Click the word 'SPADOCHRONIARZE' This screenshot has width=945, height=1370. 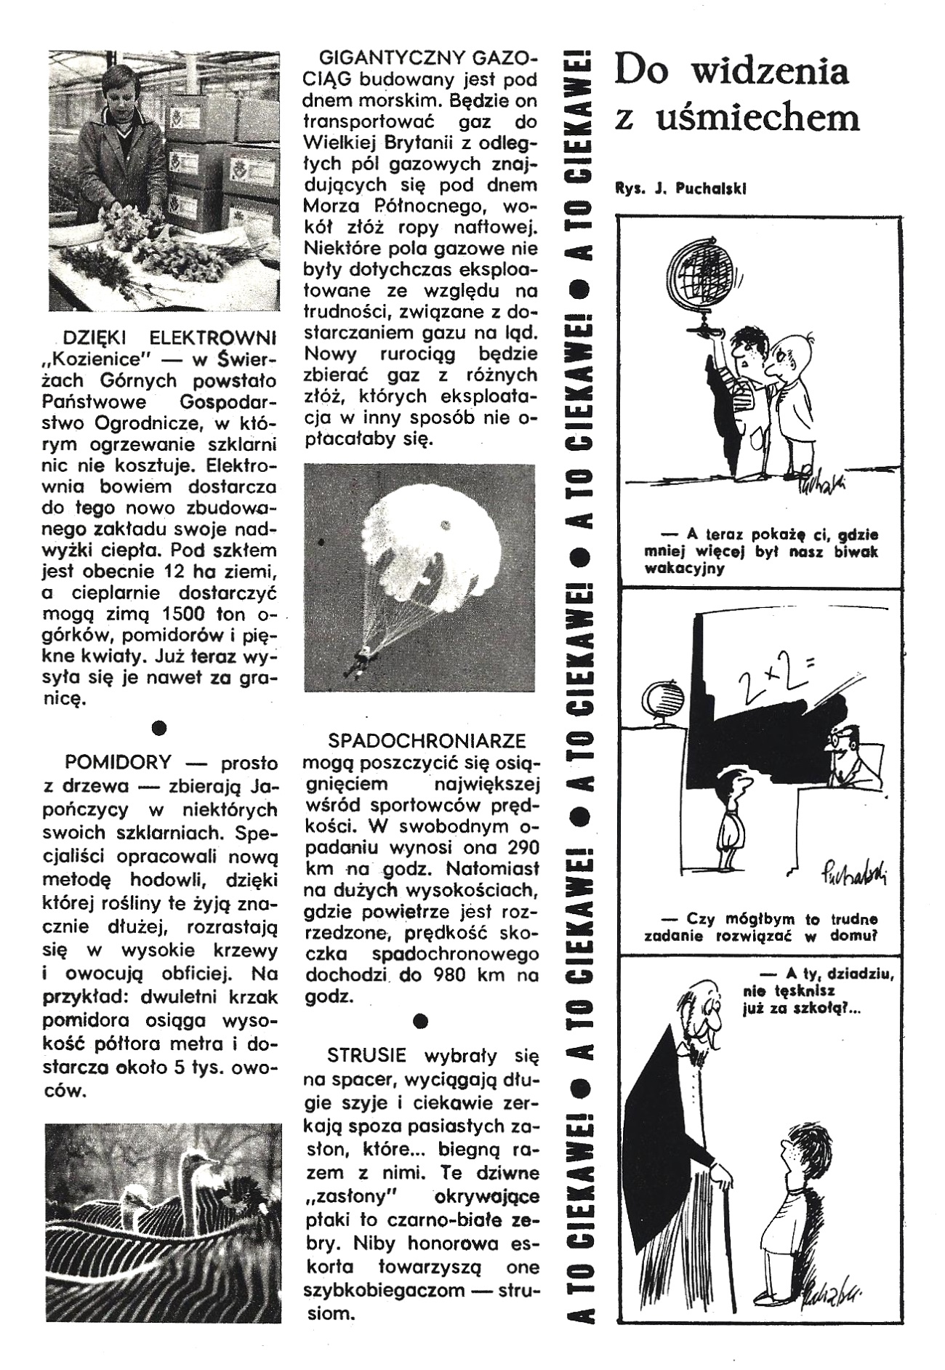click(427, 741)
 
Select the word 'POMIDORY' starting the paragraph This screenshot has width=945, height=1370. click(118, 762)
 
